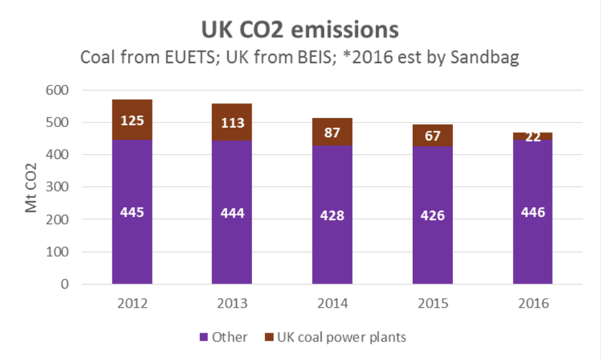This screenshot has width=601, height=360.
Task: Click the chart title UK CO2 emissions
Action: [x=300, y=29]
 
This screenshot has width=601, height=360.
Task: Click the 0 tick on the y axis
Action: [x=65, y=284]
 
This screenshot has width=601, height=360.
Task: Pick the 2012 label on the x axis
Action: [x=132, y=303]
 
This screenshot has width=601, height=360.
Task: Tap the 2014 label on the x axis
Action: [x=332, y=303]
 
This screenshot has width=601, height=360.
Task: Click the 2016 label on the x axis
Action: [x=533, y=303]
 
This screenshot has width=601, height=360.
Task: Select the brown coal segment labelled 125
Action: [x=132, y=120]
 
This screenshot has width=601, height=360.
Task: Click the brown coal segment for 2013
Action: [x=232, y=122]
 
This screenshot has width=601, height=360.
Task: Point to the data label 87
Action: [x=332, y=133]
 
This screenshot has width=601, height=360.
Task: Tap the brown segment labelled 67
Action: [x=433, y=136]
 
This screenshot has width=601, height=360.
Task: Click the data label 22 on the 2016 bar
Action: [x=533, y=136]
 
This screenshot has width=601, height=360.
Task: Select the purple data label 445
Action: [x=132, y=213]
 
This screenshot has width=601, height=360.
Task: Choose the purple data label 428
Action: [x=332, y=216]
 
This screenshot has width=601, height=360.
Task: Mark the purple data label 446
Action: [x=533, y=213]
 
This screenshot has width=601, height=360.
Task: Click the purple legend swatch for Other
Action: [x=204, y=337]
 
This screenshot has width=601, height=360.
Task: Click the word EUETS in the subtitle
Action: [x=180, y=58]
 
